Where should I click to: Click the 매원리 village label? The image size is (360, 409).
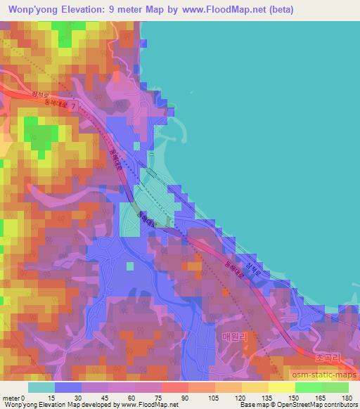pos(234,337)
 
